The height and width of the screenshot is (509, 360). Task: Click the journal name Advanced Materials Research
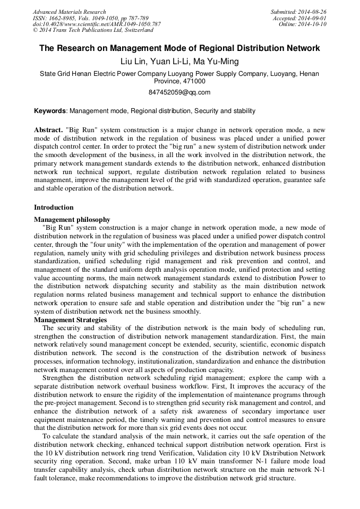pyautogui.click(x=70, y=12)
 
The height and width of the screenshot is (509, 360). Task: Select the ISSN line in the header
pyautogui.click(x=91, y=18)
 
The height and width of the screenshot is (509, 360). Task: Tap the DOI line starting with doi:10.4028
pyautogui.click(x=97, y=24)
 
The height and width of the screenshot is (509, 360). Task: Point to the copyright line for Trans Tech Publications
pyautogui.click(x=93, y=30)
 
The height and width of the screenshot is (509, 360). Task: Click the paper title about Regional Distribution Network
pyautogui.click(x=179, y=48)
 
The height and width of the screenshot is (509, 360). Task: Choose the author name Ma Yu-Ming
pyautogui.click(x=217, y=62)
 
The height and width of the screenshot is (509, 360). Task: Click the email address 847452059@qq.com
pyautogui.click(x=179, y=92)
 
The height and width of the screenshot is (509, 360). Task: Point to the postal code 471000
pyautogui.click(x=193, y=81)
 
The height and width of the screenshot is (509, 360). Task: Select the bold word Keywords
pyautogui.click(x=50, y=111)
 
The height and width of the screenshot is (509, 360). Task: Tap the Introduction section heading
pyautogui.click(x=54, y=208)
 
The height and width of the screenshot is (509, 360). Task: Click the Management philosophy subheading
pyautogui.click(x=72, y=219)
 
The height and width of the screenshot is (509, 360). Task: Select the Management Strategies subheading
pyautogui.click(x=70, y=320)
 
